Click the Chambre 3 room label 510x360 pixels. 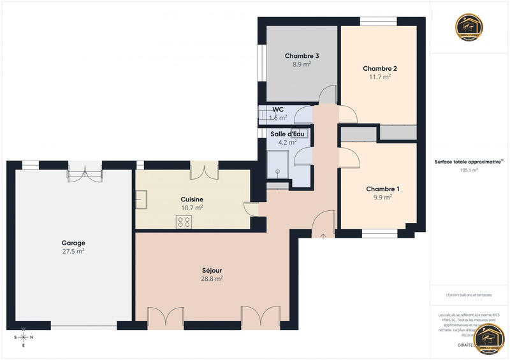(302, 56)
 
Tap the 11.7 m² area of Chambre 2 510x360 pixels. (380, 76)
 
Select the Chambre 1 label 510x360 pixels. (383, 189)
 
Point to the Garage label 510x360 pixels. (73, 243)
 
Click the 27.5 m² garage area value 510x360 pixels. (73, 251)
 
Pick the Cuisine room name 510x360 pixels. (192, 199)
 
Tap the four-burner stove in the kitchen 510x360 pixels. (184, 222)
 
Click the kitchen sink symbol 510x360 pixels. (142, 199)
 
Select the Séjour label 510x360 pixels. (212, 270)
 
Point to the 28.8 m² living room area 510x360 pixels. (212, 278)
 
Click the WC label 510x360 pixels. (278, 110)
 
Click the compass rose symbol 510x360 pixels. (24, 337)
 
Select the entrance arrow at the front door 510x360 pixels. (324, 236)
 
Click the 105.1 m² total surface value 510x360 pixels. (469, 171)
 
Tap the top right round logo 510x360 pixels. (469, 27)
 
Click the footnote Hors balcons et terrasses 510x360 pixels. (469, 294)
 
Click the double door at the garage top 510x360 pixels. (85, 171)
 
